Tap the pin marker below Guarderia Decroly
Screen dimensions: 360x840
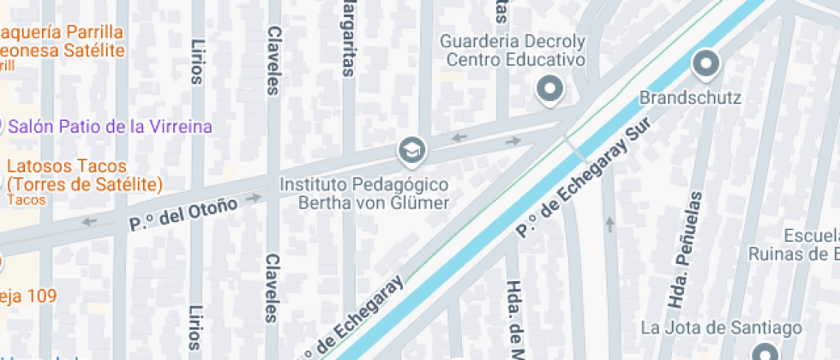click(x=549, y=88)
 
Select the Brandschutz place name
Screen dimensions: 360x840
click(x=690, y=98)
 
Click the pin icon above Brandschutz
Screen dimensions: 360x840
click(x=705, y=63)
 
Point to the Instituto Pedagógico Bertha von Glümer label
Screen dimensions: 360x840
click(x=365, y=194)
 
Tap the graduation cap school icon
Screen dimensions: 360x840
click(x=411, y=151)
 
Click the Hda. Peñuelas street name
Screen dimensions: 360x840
click(x=685, y=249)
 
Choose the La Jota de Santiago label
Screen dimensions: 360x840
click(x=722, y=327)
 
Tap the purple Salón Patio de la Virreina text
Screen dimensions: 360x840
click(x=110, y=127)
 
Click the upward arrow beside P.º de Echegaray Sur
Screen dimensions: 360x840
click(x=609, y=225)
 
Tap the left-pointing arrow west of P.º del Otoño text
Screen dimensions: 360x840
click(x=90, y=223)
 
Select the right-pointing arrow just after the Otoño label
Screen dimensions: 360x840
click(x=254, y=198)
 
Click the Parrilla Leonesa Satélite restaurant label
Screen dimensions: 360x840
click(x=62, y=41)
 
